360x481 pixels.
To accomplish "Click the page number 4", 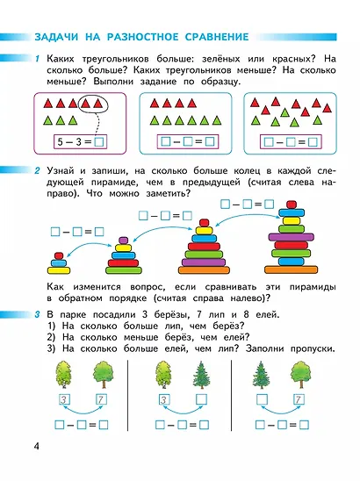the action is [37, 446].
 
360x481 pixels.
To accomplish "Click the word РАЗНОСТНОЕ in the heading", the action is [143, 37].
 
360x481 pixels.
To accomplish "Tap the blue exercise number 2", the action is [37, 170].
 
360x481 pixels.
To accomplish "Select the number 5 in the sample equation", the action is [61, 141].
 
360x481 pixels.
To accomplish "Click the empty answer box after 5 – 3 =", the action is [99, 142].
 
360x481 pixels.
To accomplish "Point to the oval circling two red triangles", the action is [93, 104].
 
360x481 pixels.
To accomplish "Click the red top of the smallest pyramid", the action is [58, 255].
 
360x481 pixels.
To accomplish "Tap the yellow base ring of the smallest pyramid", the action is [59, 270].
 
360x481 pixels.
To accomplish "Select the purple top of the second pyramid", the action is [124, 240].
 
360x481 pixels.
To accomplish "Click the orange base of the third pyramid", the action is [204, 270].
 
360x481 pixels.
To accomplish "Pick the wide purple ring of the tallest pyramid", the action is [291, 236].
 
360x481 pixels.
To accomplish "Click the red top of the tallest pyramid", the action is [291, 205].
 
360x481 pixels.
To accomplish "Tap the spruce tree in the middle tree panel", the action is [202, 375].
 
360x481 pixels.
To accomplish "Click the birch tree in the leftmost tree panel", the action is [64, 375].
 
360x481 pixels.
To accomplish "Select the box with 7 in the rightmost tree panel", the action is [298, 399].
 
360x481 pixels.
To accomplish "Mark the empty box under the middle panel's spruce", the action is [201, 399].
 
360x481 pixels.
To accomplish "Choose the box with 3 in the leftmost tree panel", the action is [64, 399].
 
